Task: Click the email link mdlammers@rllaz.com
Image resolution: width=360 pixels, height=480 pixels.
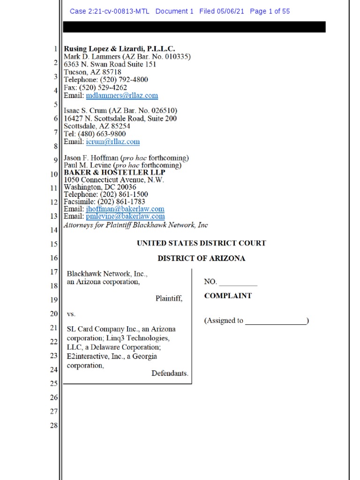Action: (x=122, y=96)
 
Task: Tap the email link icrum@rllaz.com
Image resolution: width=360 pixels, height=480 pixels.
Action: (x=113, y=142)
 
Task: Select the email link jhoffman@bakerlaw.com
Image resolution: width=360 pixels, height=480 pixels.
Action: (x=125, y=209)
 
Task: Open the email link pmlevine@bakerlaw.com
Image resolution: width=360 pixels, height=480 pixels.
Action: (x=126, y=217)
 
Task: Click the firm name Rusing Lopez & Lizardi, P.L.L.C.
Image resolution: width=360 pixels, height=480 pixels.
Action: (x=120, y=49)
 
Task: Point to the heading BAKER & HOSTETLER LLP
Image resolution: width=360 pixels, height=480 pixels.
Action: (x=114, y=172)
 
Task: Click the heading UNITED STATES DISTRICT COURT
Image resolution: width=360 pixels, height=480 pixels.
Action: (x=201, y=243)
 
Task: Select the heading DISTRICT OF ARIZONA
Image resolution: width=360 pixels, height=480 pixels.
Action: (x=201, y=258)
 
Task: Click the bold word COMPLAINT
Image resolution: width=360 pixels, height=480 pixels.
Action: (x=228, y=296)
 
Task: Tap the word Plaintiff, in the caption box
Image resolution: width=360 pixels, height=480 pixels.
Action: (x=169, y=298)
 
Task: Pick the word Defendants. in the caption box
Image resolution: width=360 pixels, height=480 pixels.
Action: (x=170, y=374)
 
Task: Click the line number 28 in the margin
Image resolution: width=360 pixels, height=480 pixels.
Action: (x=54, y=426)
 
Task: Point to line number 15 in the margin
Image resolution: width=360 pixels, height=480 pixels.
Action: (x=54, y=244)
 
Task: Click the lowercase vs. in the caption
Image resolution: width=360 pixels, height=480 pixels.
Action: (x=71, y=314)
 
